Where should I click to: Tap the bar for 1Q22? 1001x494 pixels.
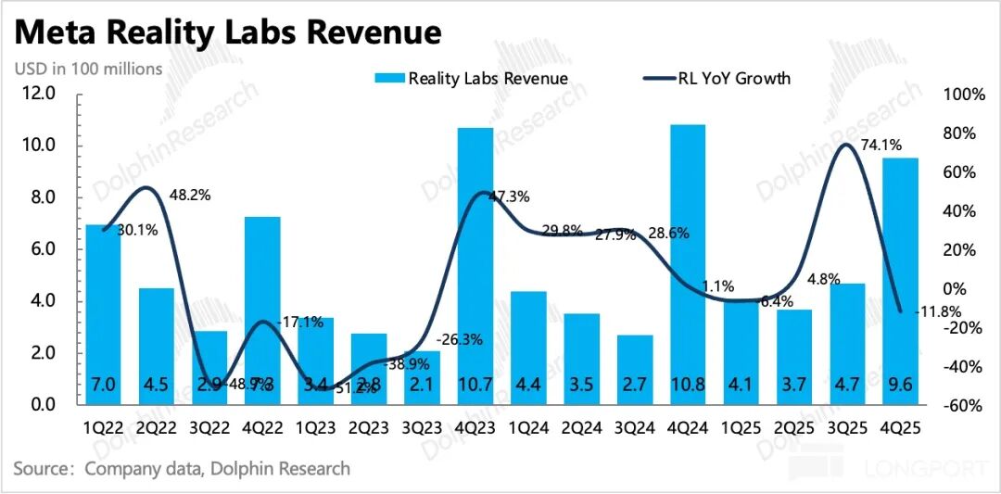coord(103,314)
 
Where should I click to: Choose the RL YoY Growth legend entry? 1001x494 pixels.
coord(717,78)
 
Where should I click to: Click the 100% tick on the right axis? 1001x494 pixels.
coord(963,95)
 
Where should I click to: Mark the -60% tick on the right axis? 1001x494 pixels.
coord(963,405)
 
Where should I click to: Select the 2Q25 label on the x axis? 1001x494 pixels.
coord(793,430)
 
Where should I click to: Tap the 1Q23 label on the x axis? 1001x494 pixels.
coord(315,430)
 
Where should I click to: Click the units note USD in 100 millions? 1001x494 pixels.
coord(88,69)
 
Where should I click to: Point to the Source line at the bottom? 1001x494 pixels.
coord(183,469)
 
